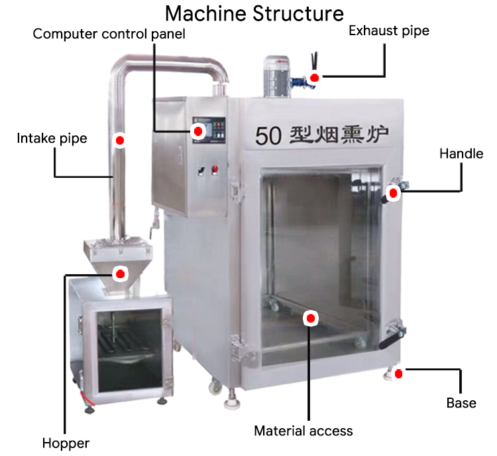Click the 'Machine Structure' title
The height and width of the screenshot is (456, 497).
254,13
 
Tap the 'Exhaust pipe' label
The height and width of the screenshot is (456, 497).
388,31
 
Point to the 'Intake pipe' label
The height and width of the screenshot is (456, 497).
52,139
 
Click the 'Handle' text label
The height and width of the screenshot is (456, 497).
461,154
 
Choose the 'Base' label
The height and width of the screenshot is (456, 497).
461,403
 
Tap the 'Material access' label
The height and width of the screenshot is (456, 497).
304,431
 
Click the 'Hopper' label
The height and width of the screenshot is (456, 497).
66,443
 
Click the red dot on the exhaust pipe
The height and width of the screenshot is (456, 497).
314,78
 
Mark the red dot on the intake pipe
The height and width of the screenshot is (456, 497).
120,141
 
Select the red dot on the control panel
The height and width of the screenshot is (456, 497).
197,131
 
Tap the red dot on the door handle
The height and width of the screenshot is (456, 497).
393,193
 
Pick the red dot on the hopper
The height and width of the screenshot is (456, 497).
120,273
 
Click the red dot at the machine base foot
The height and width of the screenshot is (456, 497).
398,374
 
